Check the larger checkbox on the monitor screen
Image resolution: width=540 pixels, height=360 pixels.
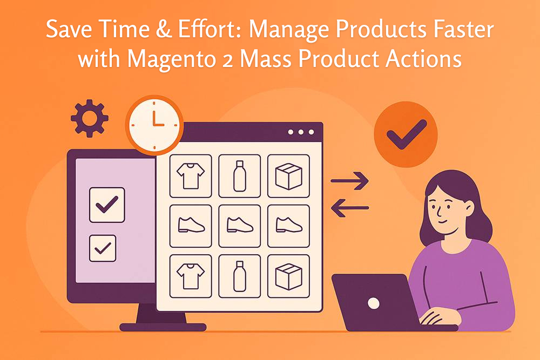[107, 205]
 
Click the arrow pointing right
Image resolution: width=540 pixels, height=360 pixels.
[350, 181]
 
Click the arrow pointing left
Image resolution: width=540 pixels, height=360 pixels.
[350, 207]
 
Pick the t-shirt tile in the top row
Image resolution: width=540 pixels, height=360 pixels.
[191, 176]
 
